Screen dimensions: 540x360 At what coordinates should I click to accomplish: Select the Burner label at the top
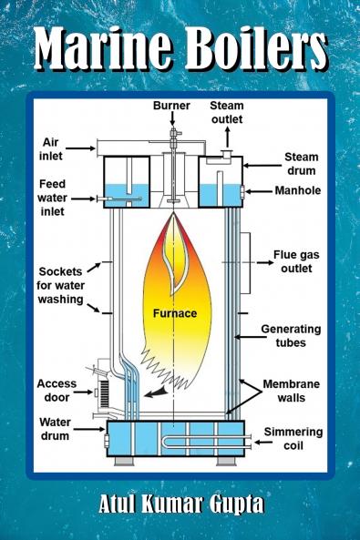170,106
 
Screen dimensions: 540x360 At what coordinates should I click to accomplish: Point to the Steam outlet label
227,112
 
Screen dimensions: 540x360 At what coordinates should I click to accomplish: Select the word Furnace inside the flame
174,313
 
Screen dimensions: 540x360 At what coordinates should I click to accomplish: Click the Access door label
57,392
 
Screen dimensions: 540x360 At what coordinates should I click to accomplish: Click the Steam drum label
301,163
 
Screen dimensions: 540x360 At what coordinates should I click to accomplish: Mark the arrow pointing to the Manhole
261,191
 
